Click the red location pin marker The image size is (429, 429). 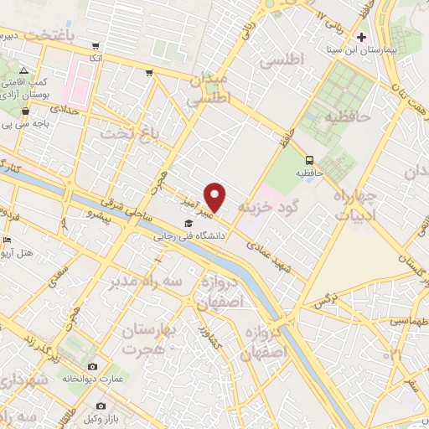216,197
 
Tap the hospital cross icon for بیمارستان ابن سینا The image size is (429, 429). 361,38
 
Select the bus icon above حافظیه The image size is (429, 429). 310,160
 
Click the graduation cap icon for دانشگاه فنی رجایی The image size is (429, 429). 189,224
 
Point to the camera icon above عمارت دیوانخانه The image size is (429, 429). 92,367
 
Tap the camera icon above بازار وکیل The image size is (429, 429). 90,417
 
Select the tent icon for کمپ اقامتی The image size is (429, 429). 24,71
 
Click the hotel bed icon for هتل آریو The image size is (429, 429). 8,241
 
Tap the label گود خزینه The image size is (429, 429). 268,205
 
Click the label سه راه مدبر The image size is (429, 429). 147,282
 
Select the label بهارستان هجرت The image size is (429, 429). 147,341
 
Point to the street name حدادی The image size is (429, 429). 63,109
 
